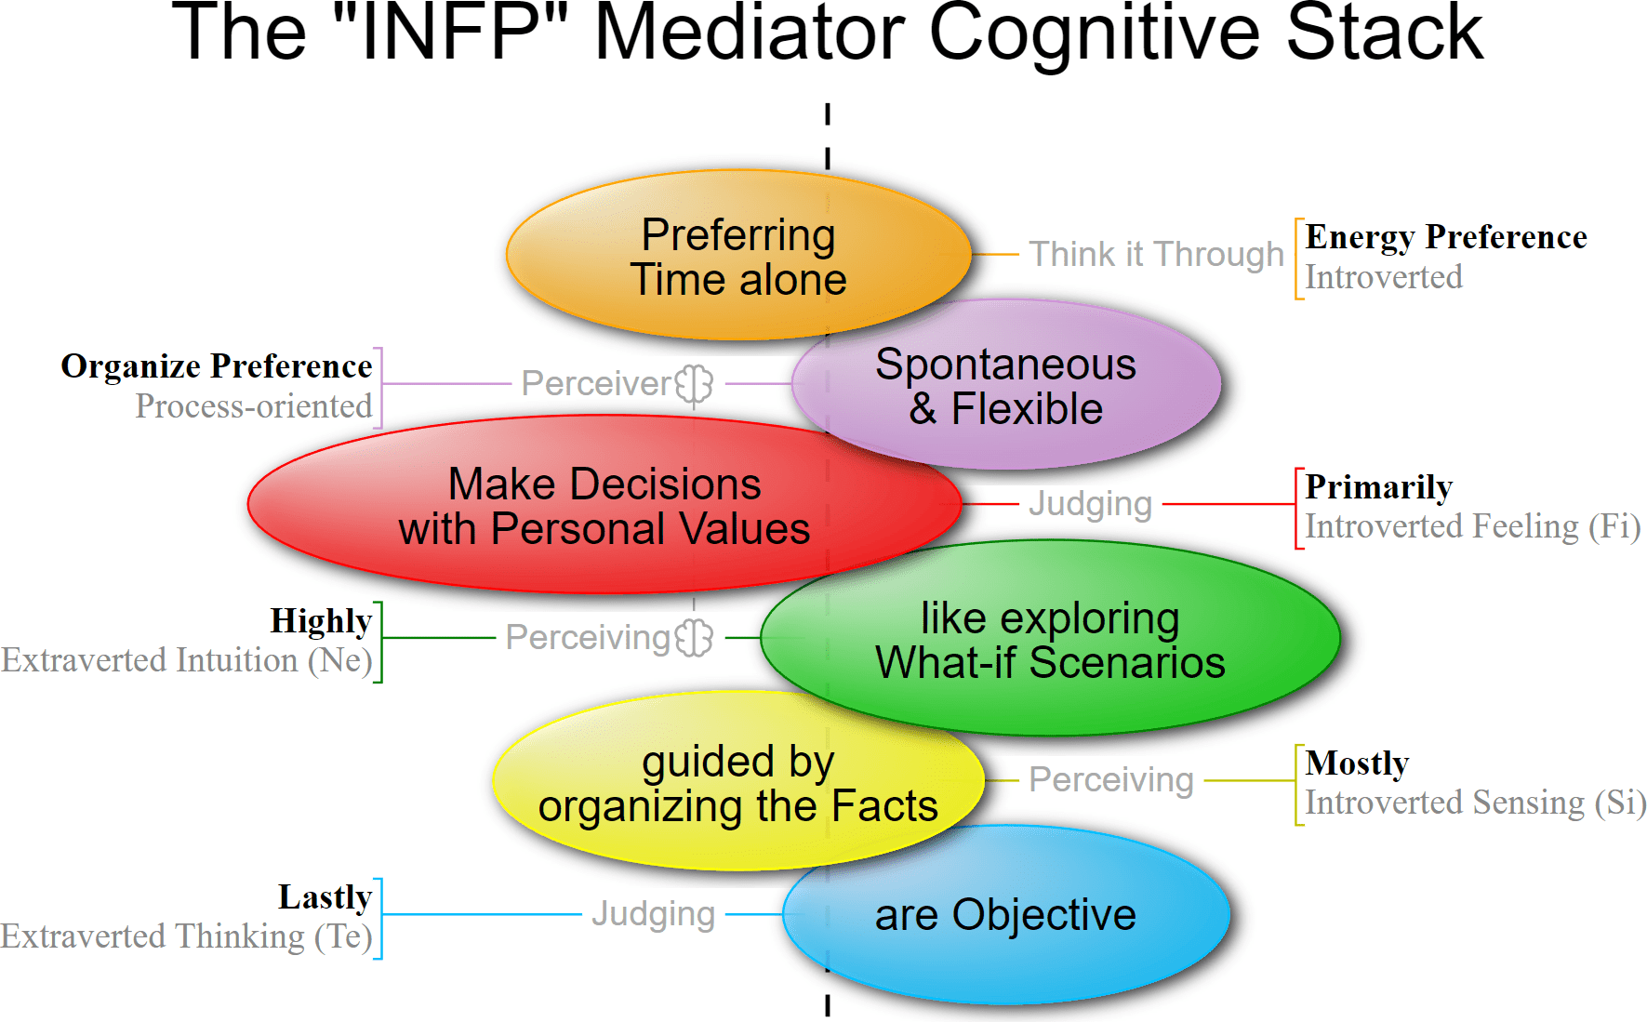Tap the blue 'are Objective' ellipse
pyautogui.click(x=1006, y=916)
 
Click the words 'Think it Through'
pyautogui.click(x=1156, y=254)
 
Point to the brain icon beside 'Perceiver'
pyautogui.click(x=694, y=383)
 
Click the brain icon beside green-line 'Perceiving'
pyautogui.click(x=694, y=638)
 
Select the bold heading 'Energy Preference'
pyautogui.click(x=1445, y=237)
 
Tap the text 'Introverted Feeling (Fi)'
pyautogui.click(x=1472, y=526)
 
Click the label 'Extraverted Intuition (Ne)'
pyautogui.click(x=187, y=660)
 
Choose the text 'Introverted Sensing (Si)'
pyautogui.click(x=1475, y=803)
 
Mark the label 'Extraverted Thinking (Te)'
pyautogui.click(x=187, y=936)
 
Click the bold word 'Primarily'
pyautogui.click(x=1378, y=487)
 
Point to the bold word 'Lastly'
pyautogui.click(x=325, y=897)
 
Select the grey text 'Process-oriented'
pyautogui.click(x=253, y=406)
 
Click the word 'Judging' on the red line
pyautogui.click(x=1090, y=504)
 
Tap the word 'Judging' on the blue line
pyautogui.click(x=653, y=914)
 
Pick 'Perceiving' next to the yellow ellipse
pyautogui.click(x=1110, y=779)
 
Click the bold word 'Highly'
pyautogui.click(x=321, y=621)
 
